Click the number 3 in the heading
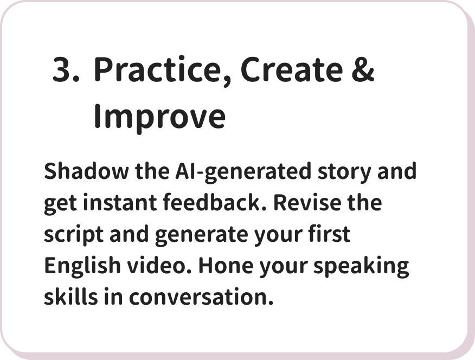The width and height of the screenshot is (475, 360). coord(63,69)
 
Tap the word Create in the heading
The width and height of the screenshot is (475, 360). coord(291,69)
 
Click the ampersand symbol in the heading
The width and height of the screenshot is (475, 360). coord(363,69)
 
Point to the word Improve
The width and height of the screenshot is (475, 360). coord(159,117)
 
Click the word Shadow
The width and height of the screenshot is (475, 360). coord(86,171)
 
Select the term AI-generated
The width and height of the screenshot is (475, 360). coord(243,172)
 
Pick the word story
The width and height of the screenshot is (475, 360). coord(344,172)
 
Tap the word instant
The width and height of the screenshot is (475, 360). coord(120,203)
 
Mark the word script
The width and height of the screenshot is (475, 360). coord(74,235)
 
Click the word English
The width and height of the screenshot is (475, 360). coord(82,266)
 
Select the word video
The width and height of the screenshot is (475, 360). coord(159,265)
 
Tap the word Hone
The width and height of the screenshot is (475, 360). coord(226,265)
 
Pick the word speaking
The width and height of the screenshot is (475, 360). coord(361,266)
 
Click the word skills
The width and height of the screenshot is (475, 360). coord(71,297)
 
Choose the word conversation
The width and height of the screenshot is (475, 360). coord(201,297)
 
